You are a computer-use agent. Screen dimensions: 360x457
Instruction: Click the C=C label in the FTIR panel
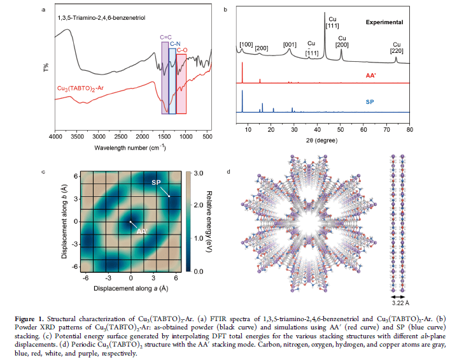pos(165,38)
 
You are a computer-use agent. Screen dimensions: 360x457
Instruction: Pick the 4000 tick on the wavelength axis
pos(56,137)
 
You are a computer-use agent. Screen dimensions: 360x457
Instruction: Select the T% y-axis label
pos(45,68)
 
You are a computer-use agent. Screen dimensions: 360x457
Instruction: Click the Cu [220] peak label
pos(397,48)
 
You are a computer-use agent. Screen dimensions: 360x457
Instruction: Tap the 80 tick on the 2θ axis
pos(410,129)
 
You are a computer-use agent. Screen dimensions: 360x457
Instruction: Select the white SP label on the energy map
pos(156,182)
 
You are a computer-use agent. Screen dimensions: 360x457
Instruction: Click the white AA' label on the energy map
pos(141,231)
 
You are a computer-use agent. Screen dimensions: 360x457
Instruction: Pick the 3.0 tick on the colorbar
pos(197,173)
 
